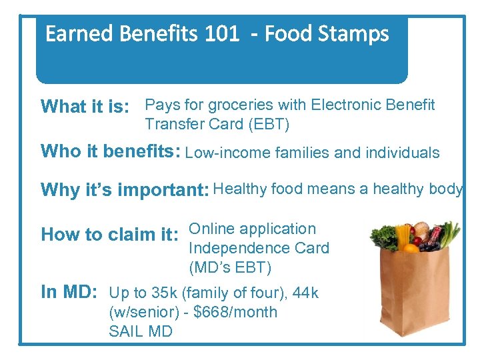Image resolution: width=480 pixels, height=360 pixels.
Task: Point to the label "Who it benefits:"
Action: pos(111,151)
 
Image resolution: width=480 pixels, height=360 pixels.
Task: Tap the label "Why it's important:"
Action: pos(125,190)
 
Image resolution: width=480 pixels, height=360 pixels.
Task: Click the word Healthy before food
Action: pos(240,189)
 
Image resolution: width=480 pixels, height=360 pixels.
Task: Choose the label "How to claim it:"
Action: pos(109,235)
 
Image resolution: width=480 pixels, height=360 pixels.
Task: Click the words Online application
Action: pos(253,229)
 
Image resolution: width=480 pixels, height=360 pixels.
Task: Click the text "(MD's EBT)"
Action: pos(230,267)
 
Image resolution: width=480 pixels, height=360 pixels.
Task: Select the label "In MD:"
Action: pos(70,292)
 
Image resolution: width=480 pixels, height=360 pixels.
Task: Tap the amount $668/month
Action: pos(235,312)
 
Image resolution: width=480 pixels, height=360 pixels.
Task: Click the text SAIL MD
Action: pos(141,331)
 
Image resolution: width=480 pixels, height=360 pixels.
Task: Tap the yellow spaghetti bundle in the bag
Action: pos(403,235)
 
